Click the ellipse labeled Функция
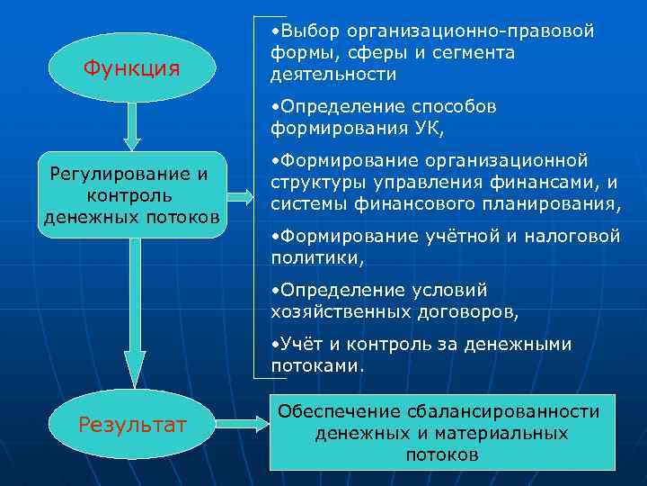131,68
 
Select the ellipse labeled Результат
132,424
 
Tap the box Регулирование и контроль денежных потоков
131,194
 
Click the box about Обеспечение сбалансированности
441,433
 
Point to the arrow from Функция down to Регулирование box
132,126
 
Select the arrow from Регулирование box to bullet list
240,194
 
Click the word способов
446,107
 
